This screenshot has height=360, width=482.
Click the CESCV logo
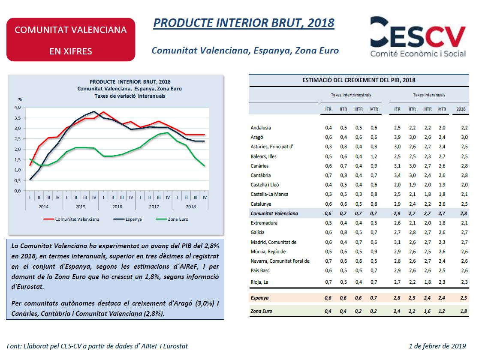418,37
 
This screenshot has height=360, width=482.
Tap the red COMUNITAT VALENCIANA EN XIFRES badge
71,40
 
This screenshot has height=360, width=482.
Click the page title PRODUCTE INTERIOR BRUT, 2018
244,23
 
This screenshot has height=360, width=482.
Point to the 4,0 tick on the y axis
17,108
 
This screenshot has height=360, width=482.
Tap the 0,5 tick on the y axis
17,180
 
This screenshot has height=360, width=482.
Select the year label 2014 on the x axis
43,207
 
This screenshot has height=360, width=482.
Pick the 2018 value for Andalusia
461,128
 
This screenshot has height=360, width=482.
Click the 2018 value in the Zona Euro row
461,312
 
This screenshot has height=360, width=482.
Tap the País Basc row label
260,270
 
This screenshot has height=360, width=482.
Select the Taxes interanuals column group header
429,95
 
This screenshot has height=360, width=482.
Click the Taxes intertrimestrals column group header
351,95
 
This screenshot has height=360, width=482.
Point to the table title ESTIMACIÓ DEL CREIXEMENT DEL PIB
358,80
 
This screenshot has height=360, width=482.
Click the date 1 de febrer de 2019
437,346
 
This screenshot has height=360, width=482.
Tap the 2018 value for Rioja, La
461,282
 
